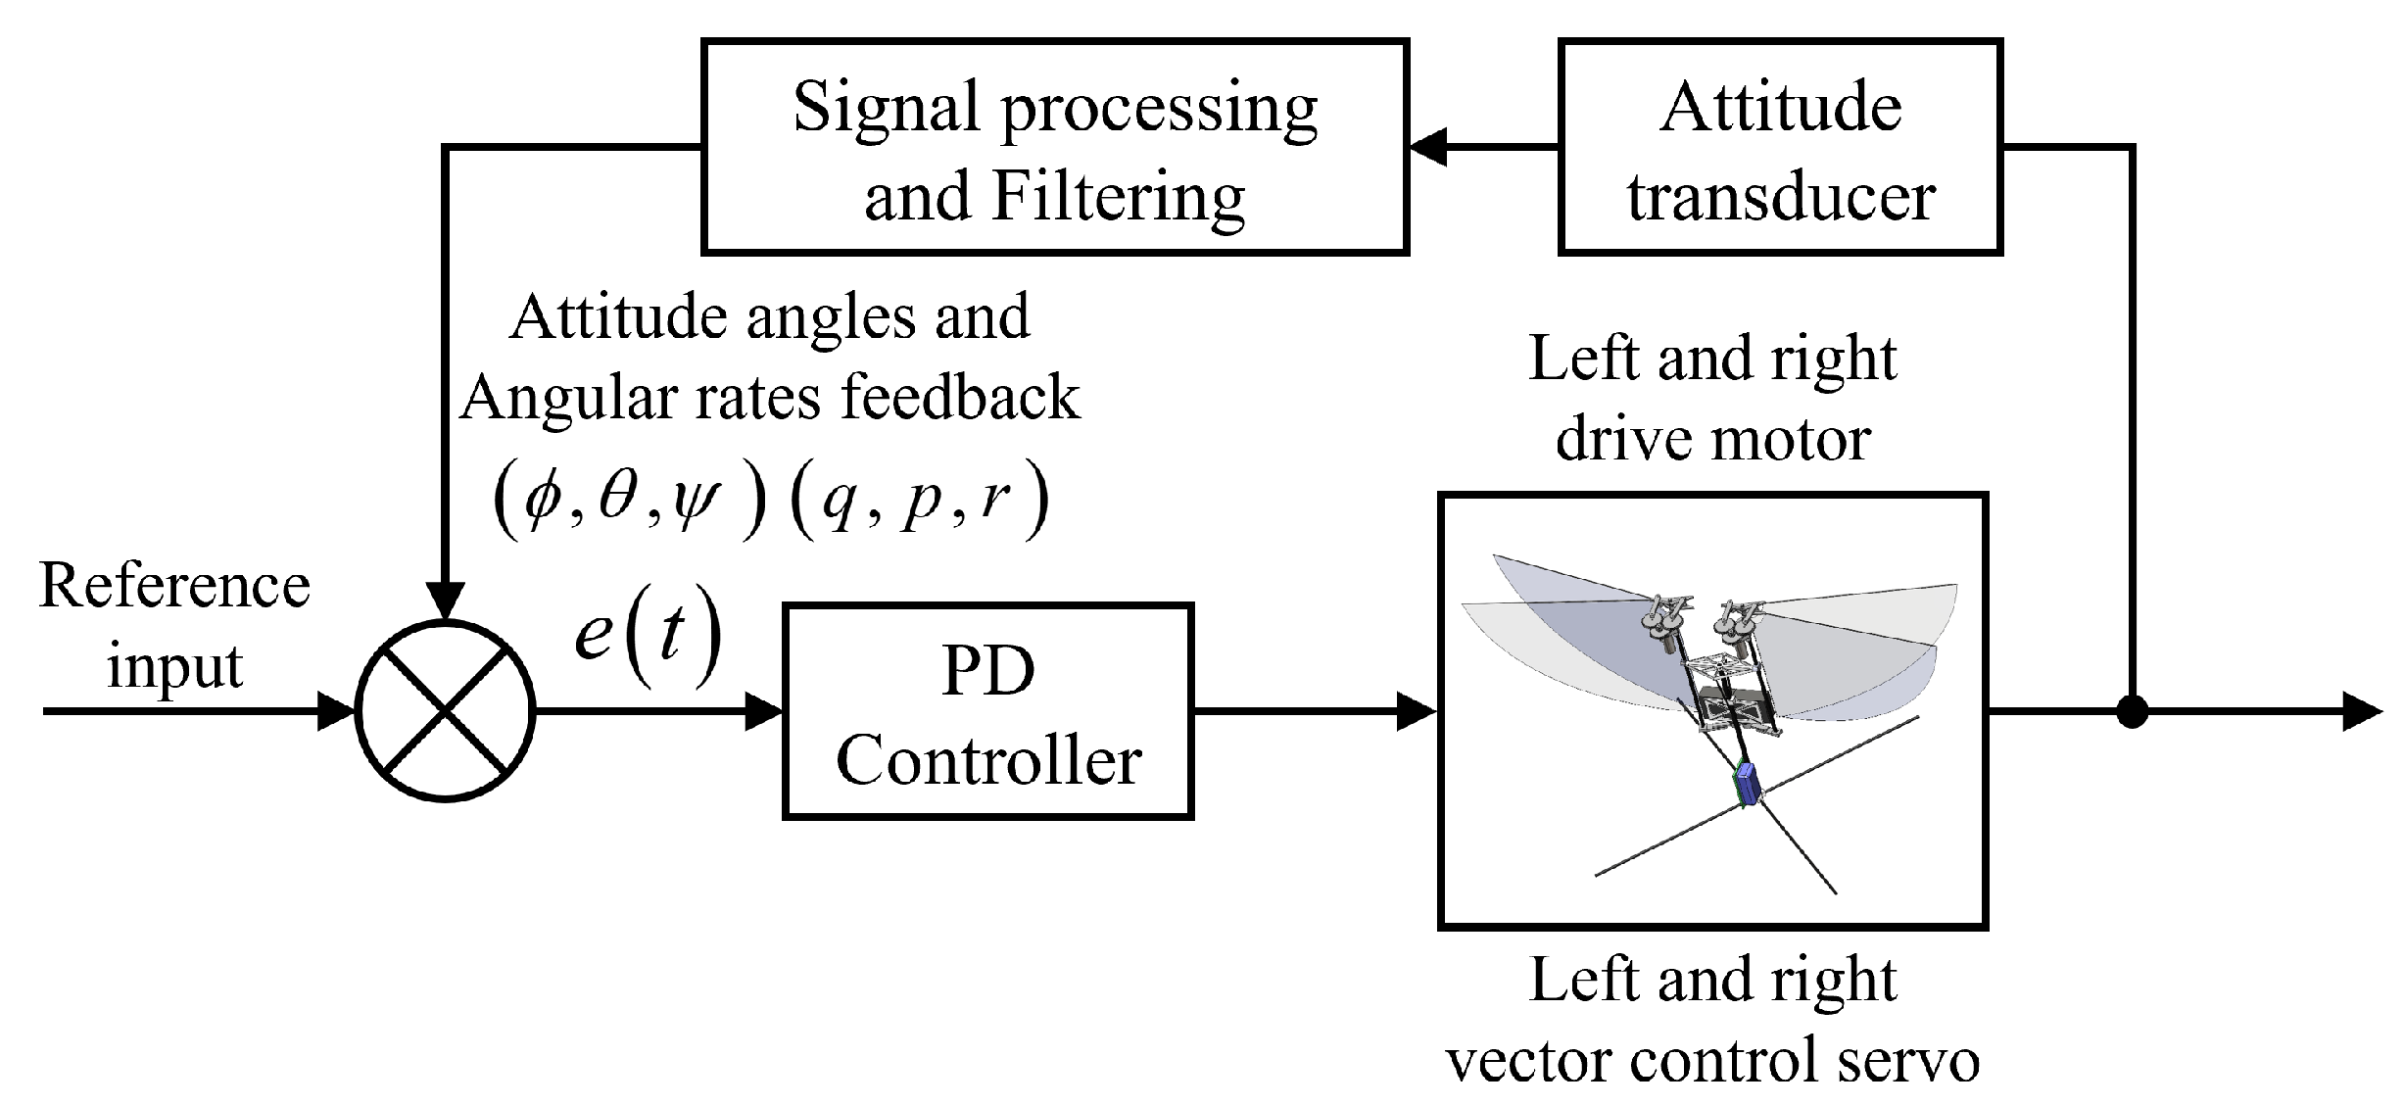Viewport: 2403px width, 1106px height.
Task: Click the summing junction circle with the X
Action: click(447, 711)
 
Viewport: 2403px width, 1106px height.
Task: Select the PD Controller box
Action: click(987, 711)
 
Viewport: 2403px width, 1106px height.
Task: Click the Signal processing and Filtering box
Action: click(1055, 148)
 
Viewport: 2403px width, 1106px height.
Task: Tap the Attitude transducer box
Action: click(1780, 148)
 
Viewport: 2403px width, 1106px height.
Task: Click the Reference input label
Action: click(174, 626)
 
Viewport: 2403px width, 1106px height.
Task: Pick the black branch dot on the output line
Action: click(2132, 711)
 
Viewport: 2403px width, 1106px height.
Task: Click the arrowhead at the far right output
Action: click(2363, 711)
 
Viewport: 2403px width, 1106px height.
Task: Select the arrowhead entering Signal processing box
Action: click(1428, 148)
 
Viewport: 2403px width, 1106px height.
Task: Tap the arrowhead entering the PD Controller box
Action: click(764, 711)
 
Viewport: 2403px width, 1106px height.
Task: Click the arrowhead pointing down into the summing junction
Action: click(447, 600)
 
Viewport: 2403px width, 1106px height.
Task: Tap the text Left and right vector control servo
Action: click(1712, 1020)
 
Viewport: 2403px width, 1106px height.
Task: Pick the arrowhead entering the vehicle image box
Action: click(1417, 711)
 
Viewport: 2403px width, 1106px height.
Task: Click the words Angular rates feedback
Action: click(770, 398)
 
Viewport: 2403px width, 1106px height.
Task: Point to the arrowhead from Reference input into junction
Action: click(335, 711)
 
